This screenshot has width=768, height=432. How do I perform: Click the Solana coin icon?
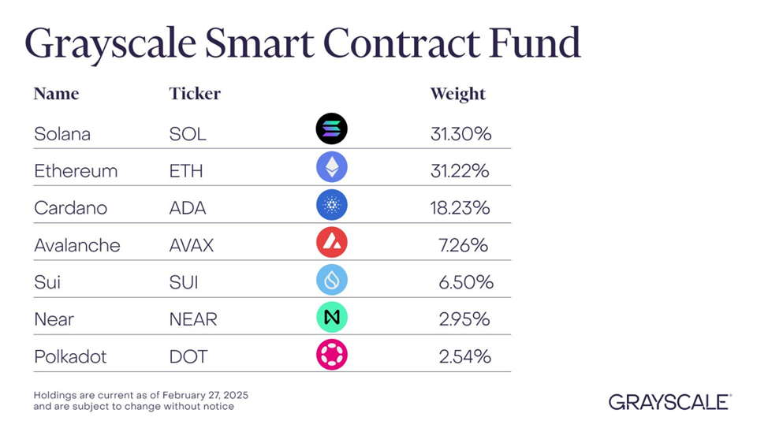(x=332, y=128)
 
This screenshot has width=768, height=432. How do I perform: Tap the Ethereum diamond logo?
(x=332, y=167)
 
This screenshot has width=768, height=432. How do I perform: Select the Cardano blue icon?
(x=332, y=205)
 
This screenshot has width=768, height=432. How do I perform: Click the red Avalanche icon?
(x=332, y=243)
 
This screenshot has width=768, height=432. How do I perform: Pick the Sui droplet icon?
(x=332, y=280)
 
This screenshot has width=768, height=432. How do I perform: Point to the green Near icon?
(x=332, y=318)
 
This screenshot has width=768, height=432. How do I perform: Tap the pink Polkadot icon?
(x=332, y=355)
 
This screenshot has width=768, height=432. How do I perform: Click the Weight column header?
(x=458, y=94)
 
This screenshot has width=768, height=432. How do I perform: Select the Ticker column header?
(x=195, y=94)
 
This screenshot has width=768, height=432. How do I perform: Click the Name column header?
(x=56, y=94)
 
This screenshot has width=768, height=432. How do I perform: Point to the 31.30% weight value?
(x=461, y=134)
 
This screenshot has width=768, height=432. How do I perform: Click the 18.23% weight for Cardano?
(x=460, y=208)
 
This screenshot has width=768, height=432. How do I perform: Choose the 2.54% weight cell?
(x=464, y=356)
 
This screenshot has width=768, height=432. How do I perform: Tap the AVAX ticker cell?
(x=192, y=245)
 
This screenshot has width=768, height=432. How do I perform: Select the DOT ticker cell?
(x=188, y=356)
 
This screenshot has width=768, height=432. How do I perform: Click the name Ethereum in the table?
(x=76, y=171)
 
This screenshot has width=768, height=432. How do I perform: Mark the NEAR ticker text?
(x=193, y=319)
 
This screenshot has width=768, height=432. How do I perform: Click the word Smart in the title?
(x=259, y=43)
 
